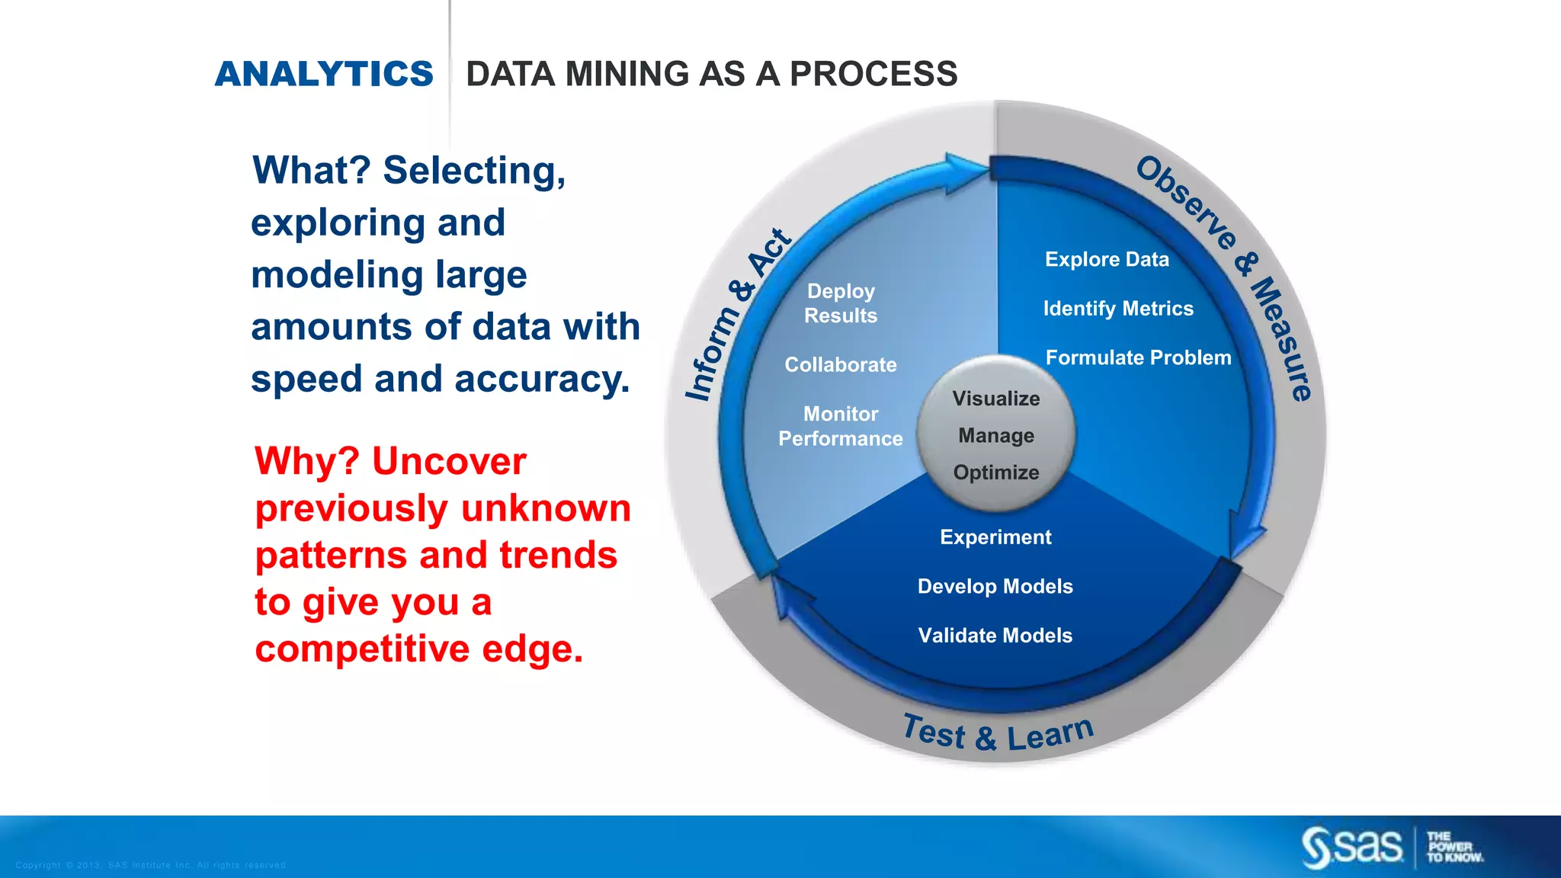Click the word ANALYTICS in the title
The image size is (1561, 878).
point(324,74)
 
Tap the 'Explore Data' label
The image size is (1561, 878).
point(1107,259)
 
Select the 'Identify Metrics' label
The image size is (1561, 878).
point(1118,309)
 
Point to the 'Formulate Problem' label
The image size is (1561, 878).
point(1138,357)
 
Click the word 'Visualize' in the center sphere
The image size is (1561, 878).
point(996,399)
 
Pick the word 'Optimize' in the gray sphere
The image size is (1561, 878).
point(996,473)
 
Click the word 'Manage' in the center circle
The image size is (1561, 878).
point(996,436)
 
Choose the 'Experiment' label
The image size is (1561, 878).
point(995,537)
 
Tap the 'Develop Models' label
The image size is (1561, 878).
point(995,586)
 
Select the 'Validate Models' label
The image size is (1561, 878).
point(995,636)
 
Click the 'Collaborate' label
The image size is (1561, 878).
point(841,365)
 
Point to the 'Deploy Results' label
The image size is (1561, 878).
point(841,303)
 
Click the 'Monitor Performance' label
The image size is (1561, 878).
point(841,426)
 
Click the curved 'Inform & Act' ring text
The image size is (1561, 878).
point(736,314)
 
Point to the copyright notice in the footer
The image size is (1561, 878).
point(150,865)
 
